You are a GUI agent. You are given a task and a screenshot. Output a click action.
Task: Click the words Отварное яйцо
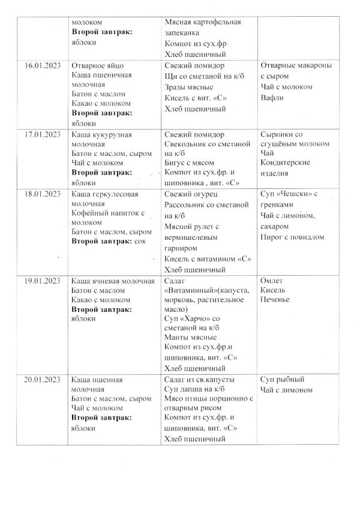tap(94, 65)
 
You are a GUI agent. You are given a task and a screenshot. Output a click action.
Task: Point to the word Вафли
tap(271, 98)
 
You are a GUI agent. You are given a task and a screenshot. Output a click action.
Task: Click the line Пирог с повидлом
tap(292, 237)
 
